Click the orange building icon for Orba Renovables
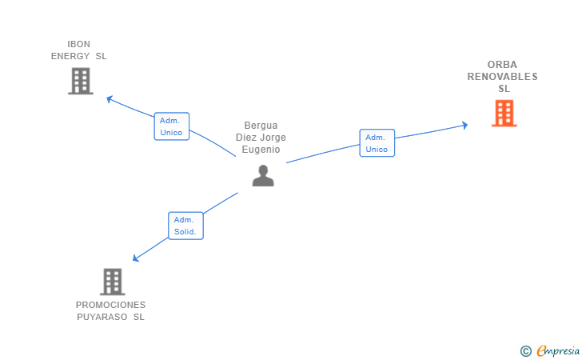504,114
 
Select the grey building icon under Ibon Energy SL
80,81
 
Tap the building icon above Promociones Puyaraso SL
113,282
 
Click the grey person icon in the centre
263,175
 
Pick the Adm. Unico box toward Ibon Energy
171,126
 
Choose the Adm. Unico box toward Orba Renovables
377,143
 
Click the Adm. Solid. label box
186,226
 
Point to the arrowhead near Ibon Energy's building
110,99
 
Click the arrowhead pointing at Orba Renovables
464,125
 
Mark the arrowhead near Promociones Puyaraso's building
137,258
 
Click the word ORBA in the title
503,65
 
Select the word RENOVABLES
503,77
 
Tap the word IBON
78,44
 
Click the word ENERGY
70,56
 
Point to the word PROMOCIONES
110,305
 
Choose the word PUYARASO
103,317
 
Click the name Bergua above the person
261,126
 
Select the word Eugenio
261,150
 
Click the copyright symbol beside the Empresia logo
525,350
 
